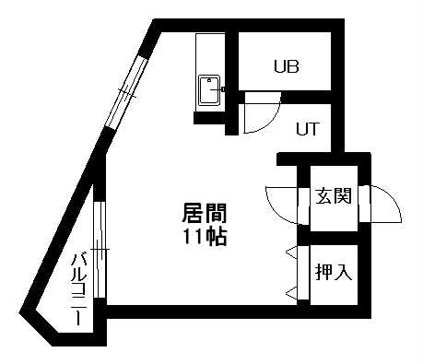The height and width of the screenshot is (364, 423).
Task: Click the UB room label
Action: coord(285,66)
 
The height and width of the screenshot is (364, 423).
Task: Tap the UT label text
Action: coord(307,128)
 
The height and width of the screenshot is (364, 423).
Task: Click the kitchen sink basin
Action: coord(209,93)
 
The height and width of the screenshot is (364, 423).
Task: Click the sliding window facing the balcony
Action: coord(100,247)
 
